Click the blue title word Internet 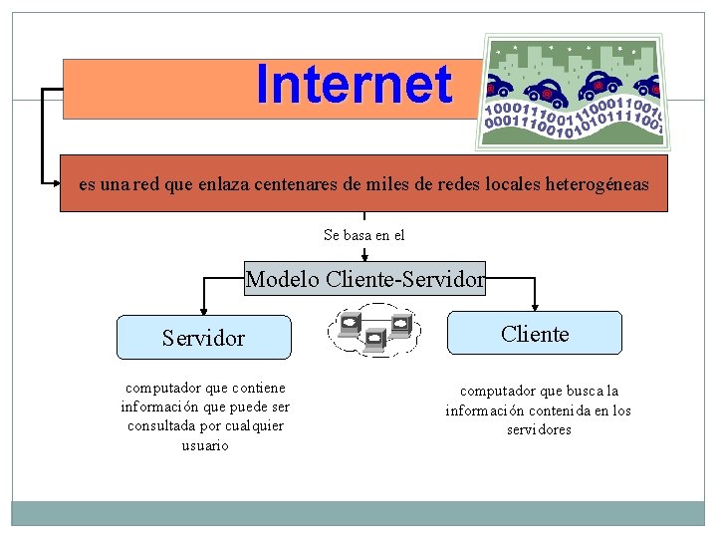point(354,85)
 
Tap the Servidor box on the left point(203,338)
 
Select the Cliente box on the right point(535,334)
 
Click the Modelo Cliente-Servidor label point(364,279)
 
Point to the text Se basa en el point(364,235)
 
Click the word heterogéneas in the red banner point(597,183)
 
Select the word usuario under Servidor point(204,445)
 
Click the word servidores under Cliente point(538,429)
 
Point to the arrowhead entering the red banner point(57,183)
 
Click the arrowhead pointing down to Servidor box point(203,310)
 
